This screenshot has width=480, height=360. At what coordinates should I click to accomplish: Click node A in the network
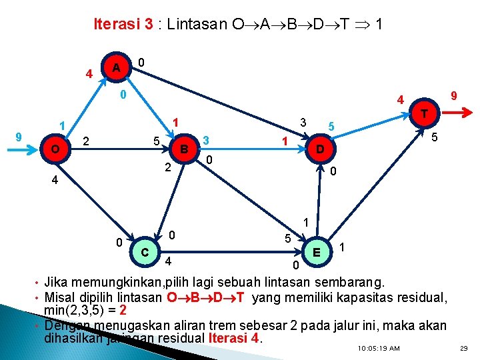(116, 69)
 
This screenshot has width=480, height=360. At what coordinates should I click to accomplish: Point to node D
(320, 149)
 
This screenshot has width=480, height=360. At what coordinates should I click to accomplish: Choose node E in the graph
(319, 251)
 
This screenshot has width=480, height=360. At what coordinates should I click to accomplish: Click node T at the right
(424, 113)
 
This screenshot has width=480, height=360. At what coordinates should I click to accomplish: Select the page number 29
(464, 349)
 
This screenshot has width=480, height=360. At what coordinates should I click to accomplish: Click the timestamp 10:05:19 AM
(378, 349)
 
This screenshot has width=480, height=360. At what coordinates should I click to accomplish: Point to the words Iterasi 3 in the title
(124, 25)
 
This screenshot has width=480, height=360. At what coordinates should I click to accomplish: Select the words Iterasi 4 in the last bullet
(233, 338)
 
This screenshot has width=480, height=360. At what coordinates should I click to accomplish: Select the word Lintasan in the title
(196, 25)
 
